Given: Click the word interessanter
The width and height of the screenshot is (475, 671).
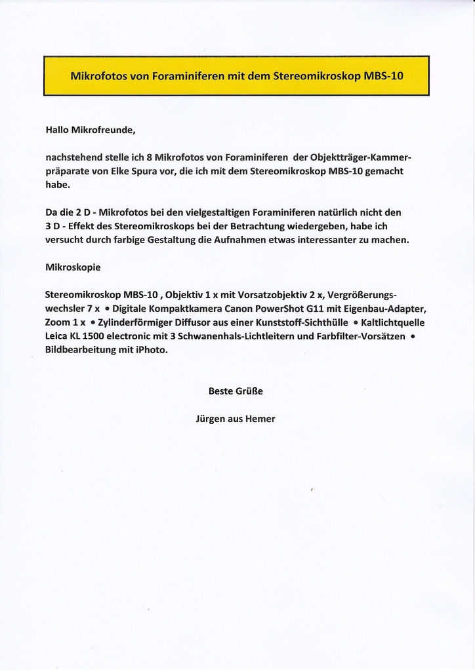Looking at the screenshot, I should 341,240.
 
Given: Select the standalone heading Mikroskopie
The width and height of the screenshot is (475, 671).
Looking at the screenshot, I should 73,267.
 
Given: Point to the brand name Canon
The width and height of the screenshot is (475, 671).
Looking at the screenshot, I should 239,309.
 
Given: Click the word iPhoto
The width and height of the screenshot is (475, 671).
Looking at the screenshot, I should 152,350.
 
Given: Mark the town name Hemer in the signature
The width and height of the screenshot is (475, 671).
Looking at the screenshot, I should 260,419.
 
